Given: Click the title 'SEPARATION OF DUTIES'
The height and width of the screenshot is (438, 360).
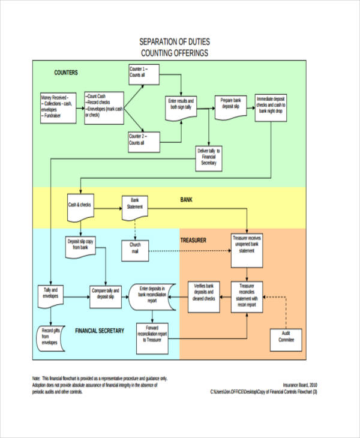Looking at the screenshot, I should pos(175,42).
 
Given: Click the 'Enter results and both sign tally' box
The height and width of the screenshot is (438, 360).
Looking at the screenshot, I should pos(182,106).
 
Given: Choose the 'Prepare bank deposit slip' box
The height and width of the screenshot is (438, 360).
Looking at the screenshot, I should pos(230,104).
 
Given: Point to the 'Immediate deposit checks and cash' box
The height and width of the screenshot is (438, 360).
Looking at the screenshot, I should pos(271,104).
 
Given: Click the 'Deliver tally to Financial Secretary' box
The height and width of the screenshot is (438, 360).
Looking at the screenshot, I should pos(209,157).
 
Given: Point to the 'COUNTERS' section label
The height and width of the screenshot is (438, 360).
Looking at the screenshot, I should pos(66,73).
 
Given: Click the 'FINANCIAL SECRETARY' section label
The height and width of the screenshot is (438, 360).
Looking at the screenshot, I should pos(100,331).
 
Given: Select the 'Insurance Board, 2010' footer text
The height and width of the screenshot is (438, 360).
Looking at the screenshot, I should pos(300,385).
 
